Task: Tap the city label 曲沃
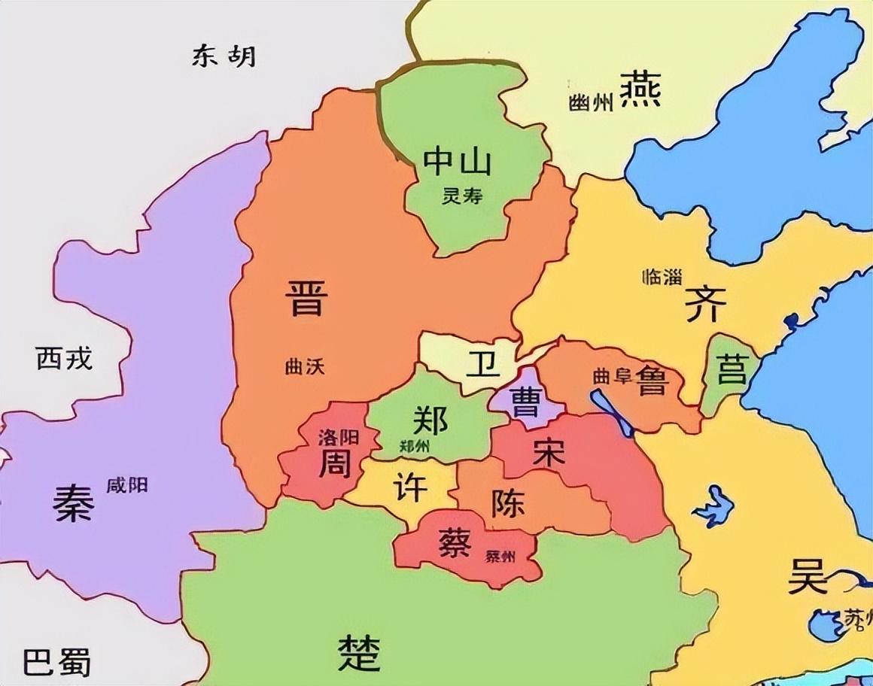(x=306, y=366)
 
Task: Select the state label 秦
(x=73, y=502)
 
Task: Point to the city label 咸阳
(x=126, y=485)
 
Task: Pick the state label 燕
(x=640, y=90)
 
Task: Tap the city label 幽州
(x=591, y=102)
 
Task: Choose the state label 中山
(x=457, y=161)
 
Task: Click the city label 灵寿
(x=461, y=197)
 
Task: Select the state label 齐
(x=705, y=305)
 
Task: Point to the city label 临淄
(x=662, y=276)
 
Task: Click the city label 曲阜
(x=612, y=377)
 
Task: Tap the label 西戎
(x=64, y=359)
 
